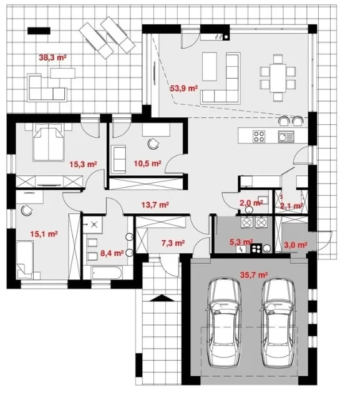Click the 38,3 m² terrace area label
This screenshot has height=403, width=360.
tap(52, 57)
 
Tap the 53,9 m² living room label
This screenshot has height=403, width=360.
tap(183, 89)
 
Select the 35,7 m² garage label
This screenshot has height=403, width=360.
tap(254, 275)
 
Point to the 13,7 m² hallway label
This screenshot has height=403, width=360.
tap(155, 205)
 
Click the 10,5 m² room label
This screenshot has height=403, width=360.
tap(147, 163)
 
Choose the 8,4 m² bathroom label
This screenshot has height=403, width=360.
tap(112, 253)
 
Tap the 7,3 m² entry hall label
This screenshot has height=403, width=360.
tap(173, 243)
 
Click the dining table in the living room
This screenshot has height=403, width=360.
tap(278, 78)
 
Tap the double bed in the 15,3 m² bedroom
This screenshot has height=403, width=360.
tap(49, 142)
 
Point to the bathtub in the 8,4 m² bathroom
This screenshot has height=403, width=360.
tap(107, 273)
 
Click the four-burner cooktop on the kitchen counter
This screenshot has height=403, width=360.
tap(259, 136)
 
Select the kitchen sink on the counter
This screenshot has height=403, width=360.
tap(286, 136)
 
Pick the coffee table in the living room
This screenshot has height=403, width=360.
tap(210, 66)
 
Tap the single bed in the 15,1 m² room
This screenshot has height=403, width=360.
tap(25, 260)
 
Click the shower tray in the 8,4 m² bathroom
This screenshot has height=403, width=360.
tap(93, 225)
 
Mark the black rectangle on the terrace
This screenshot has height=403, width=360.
tap(39, 31)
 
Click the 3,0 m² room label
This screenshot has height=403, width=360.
tap(296, 245)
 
